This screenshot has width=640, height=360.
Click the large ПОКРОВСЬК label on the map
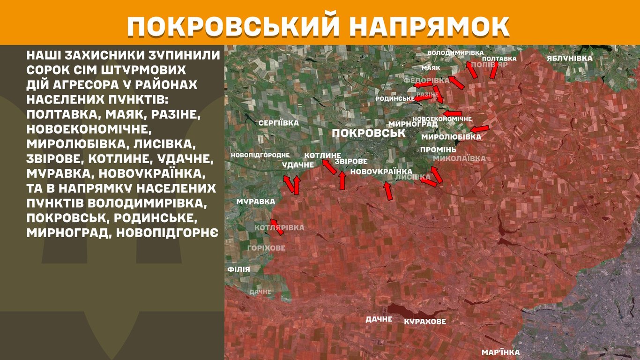click(x=368, y=133)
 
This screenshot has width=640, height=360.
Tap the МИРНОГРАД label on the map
click(x=413, y=124)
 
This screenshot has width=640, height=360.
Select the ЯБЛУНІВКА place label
click(x=569, y=58)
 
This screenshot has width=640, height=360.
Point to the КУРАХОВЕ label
click(x=425, y=322)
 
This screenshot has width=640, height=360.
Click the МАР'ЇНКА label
click(x=500, y=352)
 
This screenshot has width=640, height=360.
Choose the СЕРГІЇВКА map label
click(x=278, y=123)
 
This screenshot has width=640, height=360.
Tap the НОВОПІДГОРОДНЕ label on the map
click(x=260, y=155)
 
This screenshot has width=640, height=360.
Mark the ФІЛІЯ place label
click(x=238, y=270)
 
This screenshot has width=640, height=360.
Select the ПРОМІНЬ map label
click(x=438, y=150)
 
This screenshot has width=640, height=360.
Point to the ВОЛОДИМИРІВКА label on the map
click(x=455, y=53)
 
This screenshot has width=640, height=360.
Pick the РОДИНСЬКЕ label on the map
click(x=395, y=99)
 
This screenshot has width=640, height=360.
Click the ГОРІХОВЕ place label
click(x=266, y=248)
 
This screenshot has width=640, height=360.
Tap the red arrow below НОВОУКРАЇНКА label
click(x=388, y=191)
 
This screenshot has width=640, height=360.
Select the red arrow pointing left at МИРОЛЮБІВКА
click(x=479, y=129)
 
